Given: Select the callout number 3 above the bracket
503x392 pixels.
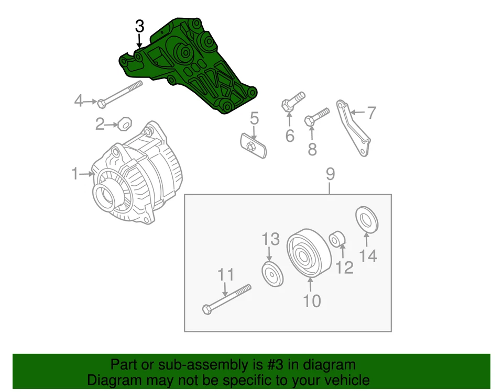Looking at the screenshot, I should click(139, 26).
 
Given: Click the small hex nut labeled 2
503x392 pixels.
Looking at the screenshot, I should click(124, 125).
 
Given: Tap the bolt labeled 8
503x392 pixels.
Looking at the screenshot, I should click(316, 117).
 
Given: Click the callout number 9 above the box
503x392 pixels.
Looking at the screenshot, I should click(330, 174).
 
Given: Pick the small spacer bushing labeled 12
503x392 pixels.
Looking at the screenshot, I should click(336, 239).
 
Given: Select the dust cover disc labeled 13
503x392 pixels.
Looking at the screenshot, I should click(272, 275).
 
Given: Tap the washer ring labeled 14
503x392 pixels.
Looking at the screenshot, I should click(367, 219).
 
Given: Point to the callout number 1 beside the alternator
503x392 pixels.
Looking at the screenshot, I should click(75, 173).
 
